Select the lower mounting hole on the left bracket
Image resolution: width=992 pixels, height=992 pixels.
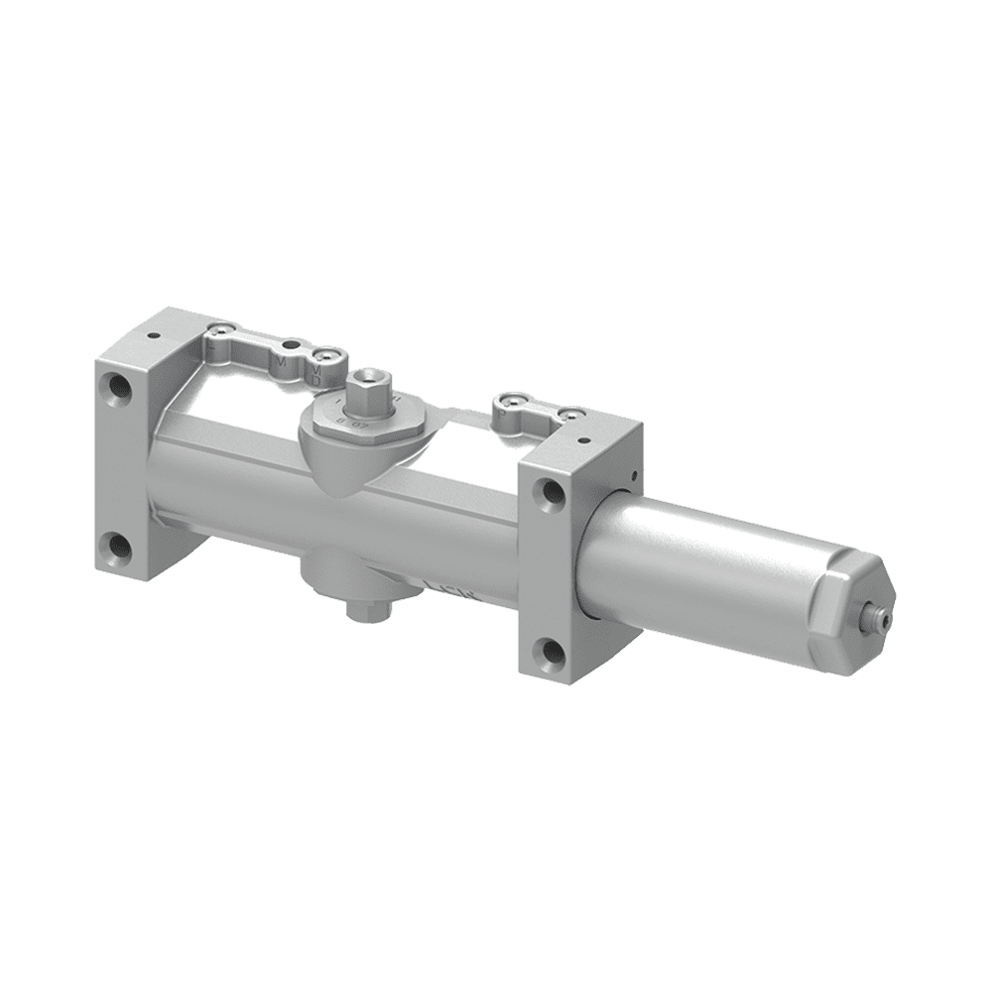pyautogui.click(x=117, y=543)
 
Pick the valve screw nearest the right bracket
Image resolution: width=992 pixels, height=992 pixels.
pyautogui.click(x=570, y=414)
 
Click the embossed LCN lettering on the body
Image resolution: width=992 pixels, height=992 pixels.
pyautogui.click(x=452, y=591)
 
